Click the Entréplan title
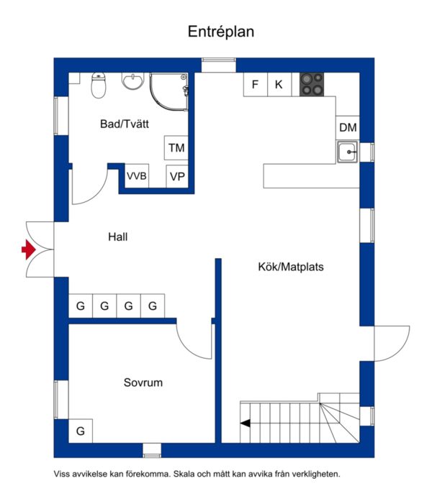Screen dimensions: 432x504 221,32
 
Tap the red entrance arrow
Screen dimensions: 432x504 28,249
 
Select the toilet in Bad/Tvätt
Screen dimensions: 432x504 99,85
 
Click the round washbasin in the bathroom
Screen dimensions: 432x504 132,81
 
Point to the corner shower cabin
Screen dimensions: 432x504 168,92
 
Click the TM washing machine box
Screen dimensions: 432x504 176,148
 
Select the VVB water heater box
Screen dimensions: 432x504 137,176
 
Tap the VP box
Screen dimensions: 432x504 177,176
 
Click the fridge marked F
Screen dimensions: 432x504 256,85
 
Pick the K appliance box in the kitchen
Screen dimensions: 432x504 279,85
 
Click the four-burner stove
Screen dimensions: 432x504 312,85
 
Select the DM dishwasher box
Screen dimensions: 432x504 348,127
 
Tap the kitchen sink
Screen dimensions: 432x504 347,152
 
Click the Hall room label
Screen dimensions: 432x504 118,237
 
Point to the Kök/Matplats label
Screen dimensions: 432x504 291,267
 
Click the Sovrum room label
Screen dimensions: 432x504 143,382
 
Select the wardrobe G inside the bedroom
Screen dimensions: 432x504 81,431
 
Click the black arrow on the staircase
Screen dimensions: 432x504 246,423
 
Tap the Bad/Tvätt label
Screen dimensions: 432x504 125,124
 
